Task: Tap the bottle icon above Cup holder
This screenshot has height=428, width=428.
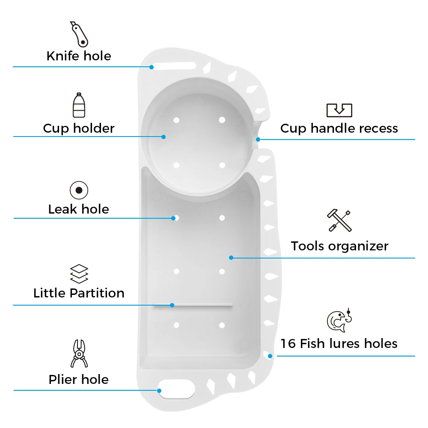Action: point(79,105)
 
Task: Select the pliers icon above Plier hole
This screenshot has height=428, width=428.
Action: point(79,354)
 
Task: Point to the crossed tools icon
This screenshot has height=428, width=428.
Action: point(339,221)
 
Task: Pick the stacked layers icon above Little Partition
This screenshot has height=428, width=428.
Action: point(79,274)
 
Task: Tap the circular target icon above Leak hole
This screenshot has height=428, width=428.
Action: point(79,190)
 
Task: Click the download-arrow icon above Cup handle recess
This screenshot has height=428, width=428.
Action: point(339,110)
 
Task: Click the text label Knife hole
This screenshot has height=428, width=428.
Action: point(79,56)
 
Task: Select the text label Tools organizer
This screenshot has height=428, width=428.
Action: point(339,246)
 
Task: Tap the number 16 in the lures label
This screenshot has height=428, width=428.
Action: point(288,343)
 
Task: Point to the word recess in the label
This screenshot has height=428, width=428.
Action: point(379,128)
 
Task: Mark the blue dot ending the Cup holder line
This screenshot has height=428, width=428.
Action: point(163,137)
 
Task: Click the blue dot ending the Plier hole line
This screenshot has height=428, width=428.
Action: point(159,390)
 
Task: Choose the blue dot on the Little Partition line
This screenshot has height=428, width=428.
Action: point(172,305)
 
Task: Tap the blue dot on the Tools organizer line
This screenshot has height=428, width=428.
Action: point(231,258)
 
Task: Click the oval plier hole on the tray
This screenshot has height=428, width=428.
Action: point(176,389)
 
